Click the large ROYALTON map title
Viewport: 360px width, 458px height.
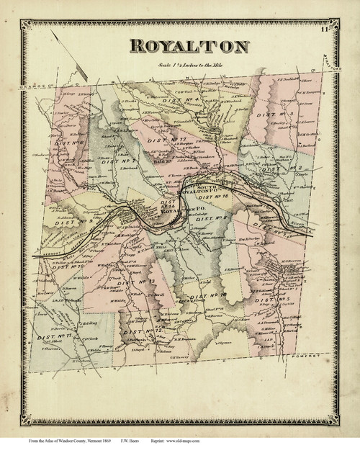(x=189, y=47)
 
